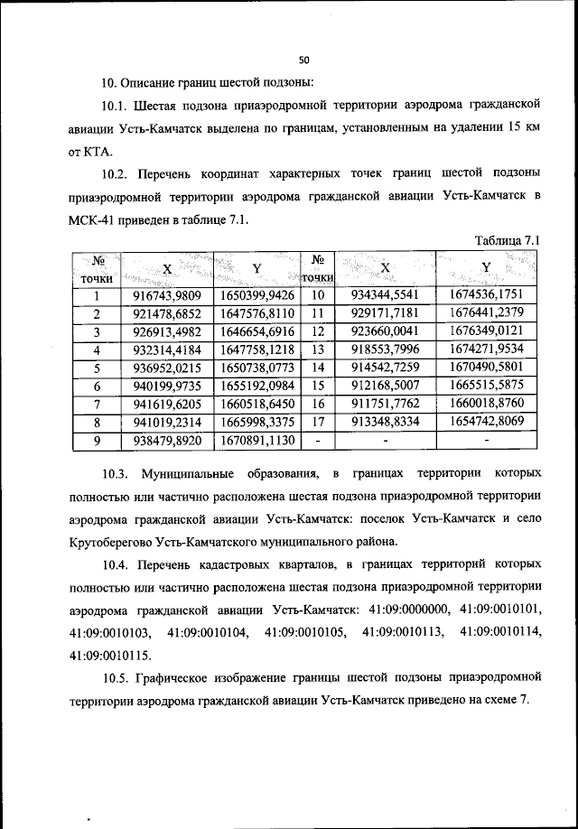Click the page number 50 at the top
click(x=304, y=60)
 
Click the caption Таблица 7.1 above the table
click(x=507, y=241)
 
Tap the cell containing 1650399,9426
click(x=256, y=294)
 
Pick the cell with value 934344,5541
click(x=386, y=294)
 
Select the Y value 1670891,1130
click(x=256, y=440)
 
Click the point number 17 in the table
click(x=317, y=422)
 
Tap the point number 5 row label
click(x=96, y=368)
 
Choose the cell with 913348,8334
click(x=386, y=422)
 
